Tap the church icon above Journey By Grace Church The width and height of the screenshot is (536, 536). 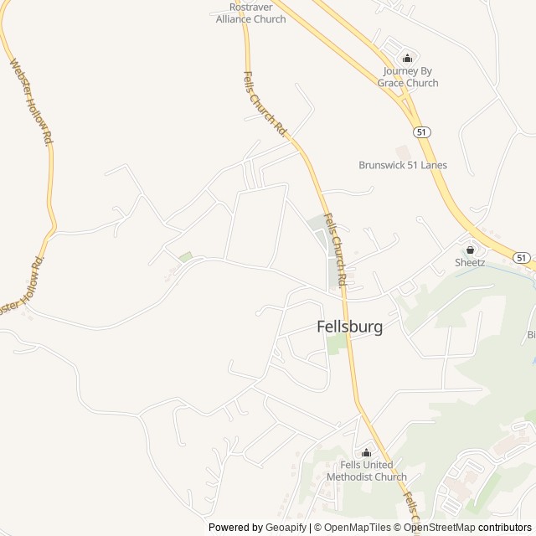(x=408, y=58)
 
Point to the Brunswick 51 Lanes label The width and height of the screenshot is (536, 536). (x=403, y=165)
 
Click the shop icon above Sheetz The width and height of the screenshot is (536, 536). (x=470, y=249)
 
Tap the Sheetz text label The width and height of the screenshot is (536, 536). (x=470, y=262)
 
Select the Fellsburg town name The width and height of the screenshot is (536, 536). (x=350, y=327)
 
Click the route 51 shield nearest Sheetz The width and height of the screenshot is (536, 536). (x=522, y=258)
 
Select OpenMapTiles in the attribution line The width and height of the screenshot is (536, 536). (x=356, y=528)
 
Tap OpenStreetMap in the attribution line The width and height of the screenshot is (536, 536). (x=439, y=528)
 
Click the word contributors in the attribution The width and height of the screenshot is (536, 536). (x=506, y=528)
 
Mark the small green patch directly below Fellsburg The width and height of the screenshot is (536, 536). (x=336, y=344)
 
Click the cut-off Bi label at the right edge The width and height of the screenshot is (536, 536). (x=530, y=335)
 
